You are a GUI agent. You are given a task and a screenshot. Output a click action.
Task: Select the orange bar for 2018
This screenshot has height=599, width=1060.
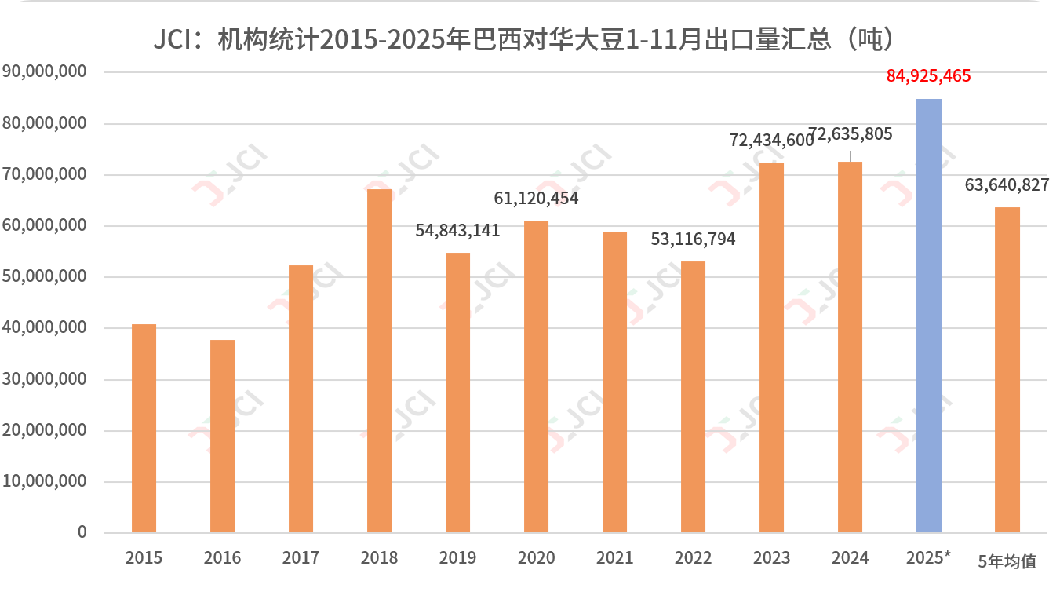click(x=379, y=360)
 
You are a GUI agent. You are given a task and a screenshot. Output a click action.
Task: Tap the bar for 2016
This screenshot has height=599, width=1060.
click(x=222, y=436)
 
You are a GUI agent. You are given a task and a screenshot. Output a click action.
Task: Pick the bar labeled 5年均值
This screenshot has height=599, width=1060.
click(x=1007, y=370)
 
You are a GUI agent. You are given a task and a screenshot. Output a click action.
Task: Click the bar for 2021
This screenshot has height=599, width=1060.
click(x=614, y=382)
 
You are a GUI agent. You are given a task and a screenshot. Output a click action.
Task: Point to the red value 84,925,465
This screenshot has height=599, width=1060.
click(x=929, y=76)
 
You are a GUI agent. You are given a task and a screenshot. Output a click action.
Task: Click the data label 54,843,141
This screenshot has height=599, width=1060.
click(x=457, y=231)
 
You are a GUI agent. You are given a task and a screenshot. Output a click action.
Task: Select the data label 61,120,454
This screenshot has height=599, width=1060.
click(x=536, y=199)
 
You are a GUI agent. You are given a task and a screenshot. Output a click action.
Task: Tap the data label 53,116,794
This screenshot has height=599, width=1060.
click(x=693, y=239)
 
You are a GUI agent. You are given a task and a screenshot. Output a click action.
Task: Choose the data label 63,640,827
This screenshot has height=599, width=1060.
click(x=1007, y=185)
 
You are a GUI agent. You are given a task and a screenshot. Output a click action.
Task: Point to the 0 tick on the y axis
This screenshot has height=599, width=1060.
click(x=82, y=532)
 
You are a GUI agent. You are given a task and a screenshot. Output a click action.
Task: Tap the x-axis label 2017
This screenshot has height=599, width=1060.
click(x=301, y=558)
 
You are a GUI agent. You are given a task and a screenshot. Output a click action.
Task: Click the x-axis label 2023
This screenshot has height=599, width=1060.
click(x=771, y=558)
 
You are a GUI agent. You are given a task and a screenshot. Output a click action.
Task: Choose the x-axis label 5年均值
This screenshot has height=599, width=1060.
click(x=1007, y=561)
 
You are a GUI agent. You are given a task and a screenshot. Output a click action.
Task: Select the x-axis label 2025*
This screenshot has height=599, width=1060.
click(x=928, y=558)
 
